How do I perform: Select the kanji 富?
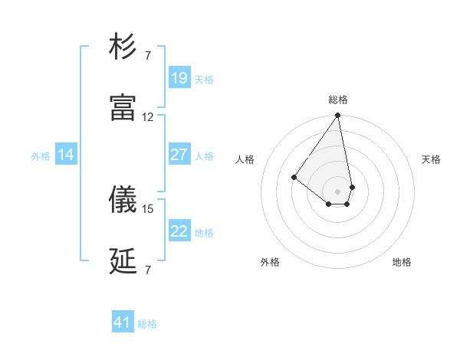(x=123, y=109)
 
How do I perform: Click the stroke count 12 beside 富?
(x=148, y=117)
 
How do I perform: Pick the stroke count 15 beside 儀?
(x=148, y=208)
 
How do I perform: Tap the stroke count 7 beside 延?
(x=148, y=270)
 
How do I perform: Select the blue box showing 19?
(x=179, y=78)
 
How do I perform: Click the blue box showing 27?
(x=179, y=155)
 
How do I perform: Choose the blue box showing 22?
(x=179, y=231)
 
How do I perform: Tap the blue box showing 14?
(x=66, y=155)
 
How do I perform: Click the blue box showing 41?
(x=123, y=322)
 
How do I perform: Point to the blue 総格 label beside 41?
(x=147, y=324)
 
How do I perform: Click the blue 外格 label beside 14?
(x=41, y=156)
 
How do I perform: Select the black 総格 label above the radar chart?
(x=338, y=100)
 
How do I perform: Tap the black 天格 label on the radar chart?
(x=431, y=159)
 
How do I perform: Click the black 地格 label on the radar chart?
(x=402, y=263)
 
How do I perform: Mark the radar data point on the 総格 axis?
(x=337, y=116)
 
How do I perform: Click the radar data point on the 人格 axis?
(x=294, y=177)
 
